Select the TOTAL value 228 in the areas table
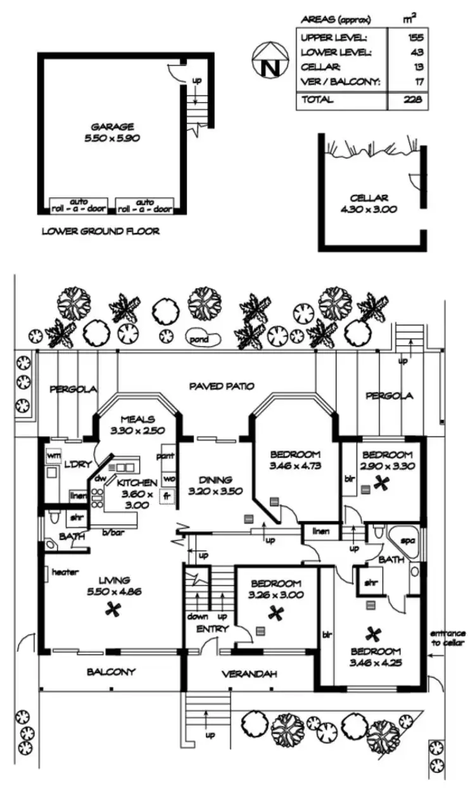(415, 100)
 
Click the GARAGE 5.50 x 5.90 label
(112, 131)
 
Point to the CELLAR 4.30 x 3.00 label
(373, 203)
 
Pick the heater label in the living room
(65, 572)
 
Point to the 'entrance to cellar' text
(448, 638)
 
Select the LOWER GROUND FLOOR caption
(100, 231)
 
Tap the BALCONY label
(111, 672)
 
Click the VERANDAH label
(249, 674)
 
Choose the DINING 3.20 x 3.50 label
(210, 485)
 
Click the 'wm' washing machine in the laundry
(53, 455)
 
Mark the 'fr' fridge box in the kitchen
(168, 496)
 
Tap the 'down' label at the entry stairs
(197, 617)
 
